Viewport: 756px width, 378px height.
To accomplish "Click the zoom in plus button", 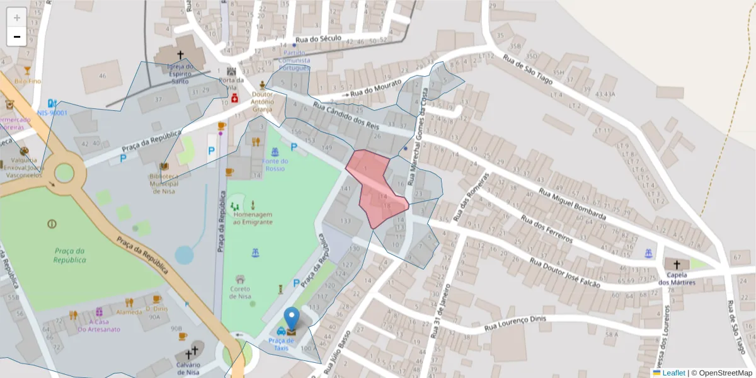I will point(17,17).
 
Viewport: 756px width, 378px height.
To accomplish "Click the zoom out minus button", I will point(17,37).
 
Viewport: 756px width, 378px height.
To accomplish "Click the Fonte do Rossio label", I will point(275,165).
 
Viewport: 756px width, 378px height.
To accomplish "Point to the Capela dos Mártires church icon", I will point(677,265).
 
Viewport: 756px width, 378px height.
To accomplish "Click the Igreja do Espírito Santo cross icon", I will point(180,55).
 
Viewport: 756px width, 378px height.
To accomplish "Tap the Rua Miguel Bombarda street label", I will point(572,202).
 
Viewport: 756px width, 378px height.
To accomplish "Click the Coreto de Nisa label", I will point(240,293).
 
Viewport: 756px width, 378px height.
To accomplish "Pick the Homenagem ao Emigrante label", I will point(253,218).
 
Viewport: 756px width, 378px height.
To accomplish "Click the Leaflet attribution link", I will point(673,373).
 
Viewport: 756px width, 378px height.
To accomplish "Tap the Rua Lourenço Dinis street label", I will point(514,325).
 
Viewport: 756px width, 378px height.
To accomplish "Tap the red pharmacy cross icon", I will point(235,98).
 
